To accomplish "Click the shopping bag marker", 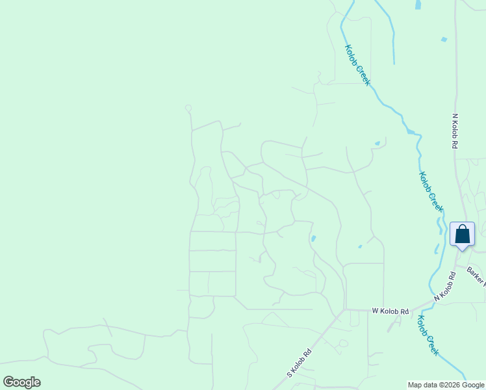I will point(462,234).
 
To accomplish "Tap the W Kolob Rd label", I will point(390,311).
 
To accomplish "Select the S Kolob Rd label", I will point(300,364).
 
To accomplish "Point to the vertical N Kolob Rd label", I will point(455,131).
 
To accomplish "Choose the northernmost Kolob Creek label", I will point(357,65).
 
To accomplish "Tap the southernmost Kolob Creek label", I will point(428,335).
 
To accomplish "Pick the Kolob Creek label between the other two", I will point(431,191).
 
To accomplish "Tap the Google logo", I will point(21,382).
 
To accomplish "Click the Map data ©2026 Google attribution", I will point(446,385).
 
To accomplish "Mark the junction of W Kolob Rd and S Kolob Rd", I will point(343,311).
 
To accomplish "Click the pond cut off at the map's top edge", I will point(418,5).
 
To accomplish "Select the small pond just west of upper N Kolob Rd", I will point(444,40).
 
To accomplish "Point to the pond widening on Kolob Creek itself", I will point(410,132).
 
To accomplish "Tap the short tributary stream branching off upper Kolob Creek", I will point(390,39).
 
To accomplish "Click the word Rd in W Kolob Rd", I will point(403,311).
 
